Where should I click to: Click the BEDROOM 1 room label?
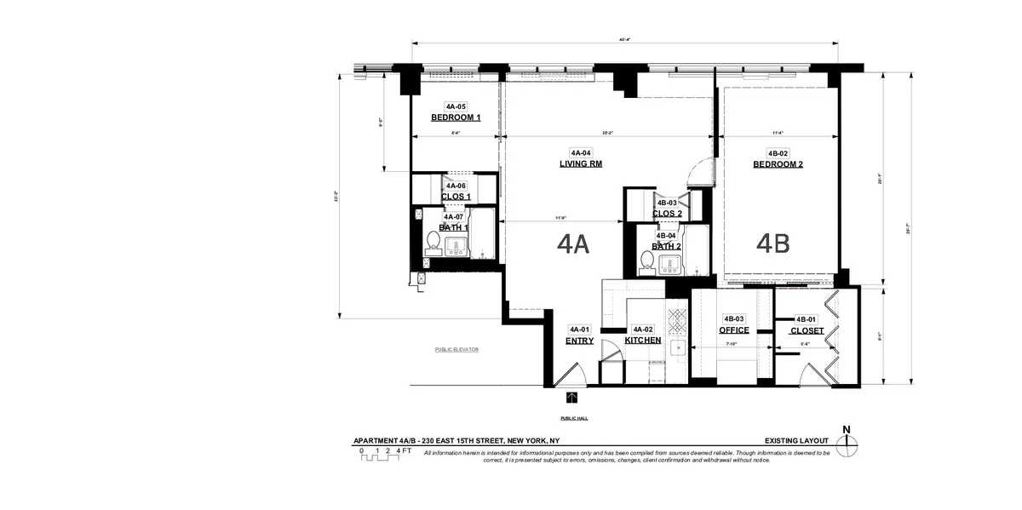click(x=455, y=117)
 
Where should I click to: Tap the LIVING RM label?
click(x=581, y=164)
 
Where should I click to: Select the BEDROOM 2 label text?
click(x=778, y=164)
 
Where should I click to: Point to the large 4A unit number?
click(x=573, y=244)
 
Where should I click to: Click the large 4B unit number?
click(x=772, y=244)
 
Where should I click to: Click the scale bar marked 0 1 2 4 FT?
click(x=380, y=455)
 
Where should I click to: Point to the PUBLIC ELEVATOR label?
click(x=456, y=349)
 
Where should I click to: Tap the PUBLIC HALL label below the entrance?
click(x=573, y=418)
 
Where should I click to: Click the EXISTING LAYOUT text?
click(x=796, y=440)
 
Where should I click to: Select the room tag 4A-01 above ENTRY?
click(x=579, y=329)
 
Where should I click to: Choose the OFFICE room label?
click(x=733, y=330)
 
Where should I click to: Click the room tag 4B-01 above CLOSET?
click(x=806, y=319)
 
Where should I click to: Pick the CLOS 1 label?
click(x=456, y=197)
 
